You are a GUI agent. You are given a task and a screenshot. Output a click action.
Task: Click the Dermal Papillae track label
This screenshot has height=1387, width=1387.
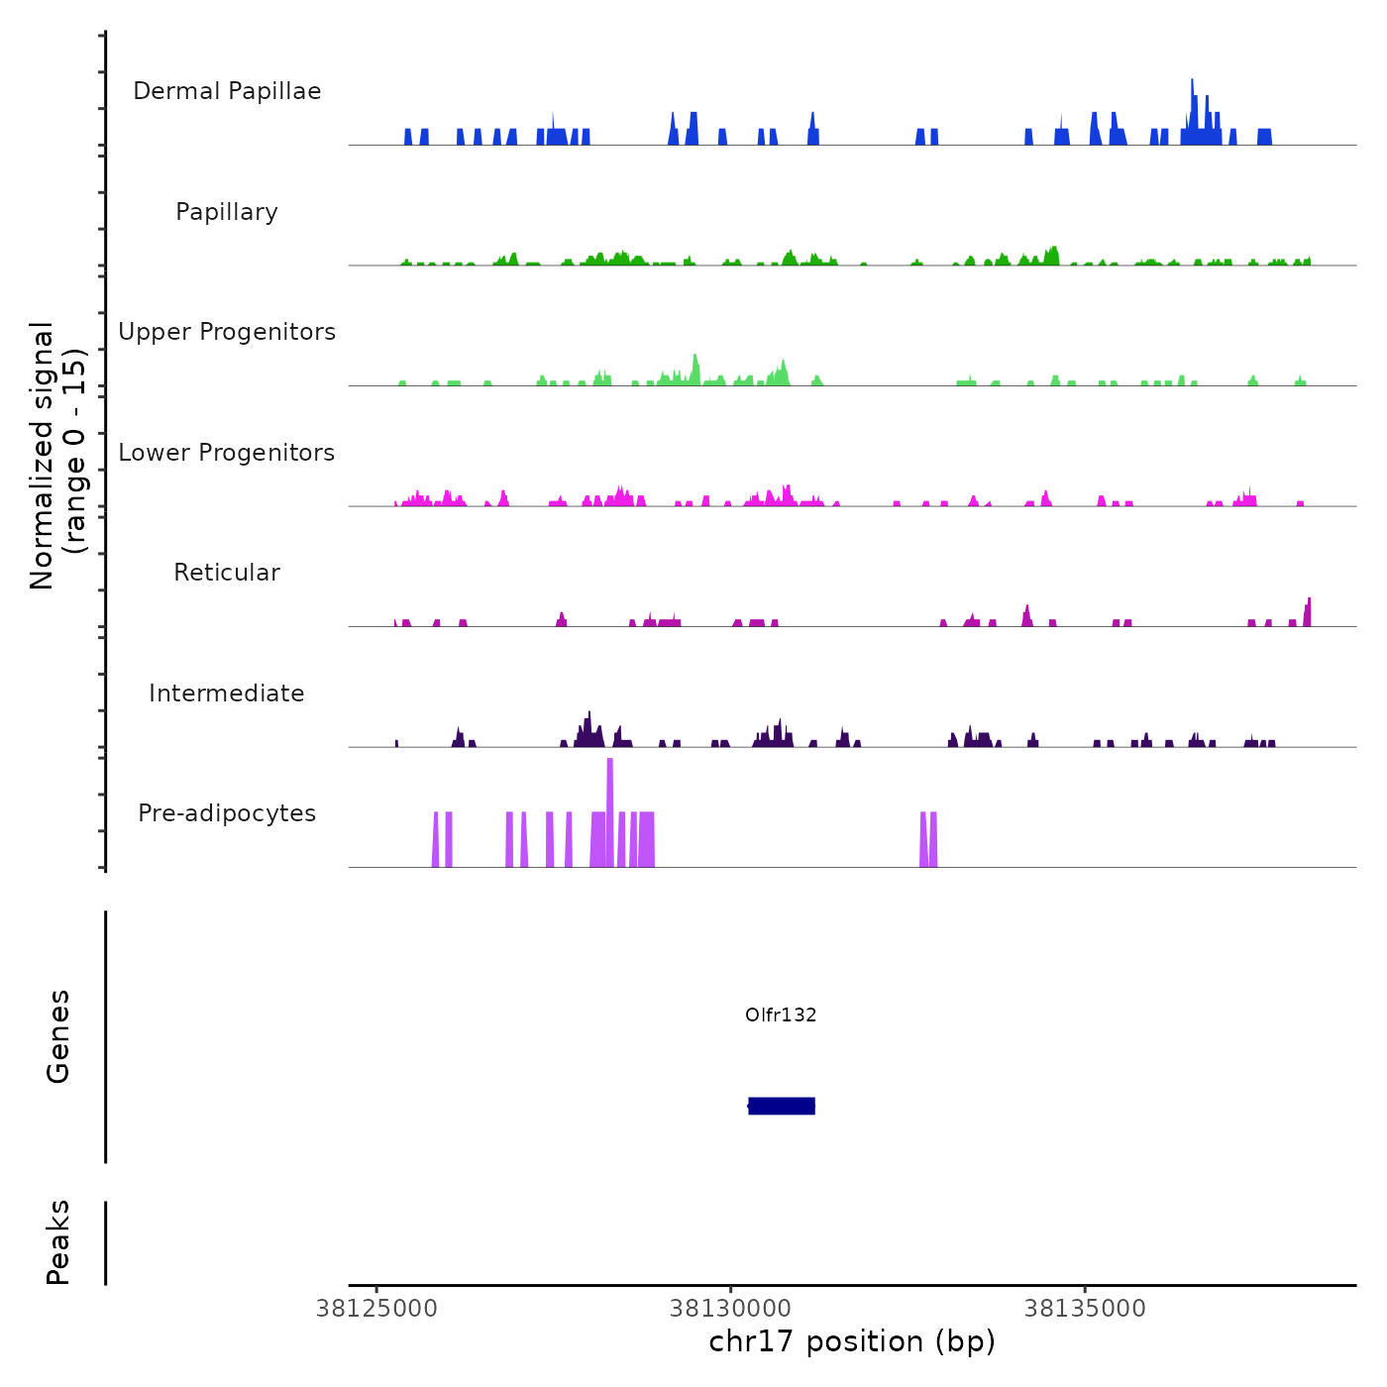point(227,91)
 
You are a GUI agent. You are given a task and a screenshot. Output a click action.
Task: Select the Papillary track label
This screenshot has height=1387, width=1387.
point(227,212)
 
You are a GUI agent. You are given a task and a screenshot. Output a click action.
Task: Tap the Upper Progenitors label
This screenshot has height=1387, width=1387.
point(227,332)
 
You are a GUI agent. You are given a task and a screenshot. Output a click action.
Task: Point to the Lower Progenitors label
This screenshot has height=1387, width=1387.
point(227,453)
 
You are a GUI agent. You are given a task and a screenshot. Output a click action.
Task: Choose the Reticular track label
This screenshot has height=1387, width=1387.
point(227,573)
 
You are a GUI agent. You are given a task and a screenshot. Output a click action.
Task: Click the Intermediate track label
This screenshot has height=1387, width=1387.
point(227,693)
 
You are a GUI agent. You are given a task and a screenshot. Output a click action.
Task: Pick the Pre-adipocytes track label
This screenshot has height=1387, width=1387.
point(227,813)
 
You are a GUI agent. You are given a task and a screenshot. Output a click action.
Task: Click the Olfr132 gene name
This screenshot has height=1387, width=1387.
point(781,1014)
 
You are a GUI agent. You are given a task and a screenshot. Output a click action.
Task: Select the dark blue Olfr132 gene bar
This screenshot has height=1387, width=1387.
point(782,1106)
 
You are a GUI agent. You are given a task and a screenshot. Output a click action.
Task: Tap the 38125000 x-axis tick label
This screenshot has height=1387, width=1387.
point(376,1309)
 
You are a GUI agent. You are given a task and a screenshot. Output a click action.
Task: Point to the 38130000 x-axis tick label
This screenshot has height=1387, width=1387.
point(731,1309)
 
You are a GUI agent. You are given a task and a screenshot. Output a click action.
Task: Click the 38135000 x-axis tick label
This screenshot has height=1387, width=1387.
point(1085,1309)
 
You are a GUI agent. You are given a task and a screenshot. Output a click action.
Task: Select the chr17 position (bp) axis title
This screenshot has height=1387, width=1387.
point(852,1341)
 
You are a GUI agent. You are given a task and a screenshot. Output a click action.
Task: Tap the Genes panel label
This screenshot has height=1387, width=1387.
point(58,1036)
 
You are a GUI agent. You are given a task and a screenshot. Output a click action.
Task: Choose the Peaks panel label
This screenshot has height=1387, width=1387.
point(58,1242)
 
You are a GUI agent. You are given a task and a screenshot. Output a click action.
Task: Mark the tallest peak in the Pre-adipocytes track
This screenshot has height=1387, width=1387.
point(610,793)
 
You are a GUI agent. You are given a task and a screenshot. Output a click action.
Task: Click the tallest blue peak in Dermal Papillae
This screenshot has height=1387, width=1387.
point(1192,99)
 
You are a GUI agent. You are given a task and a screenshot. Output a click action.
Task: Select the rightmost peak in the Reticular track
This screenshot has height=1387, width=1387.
point(1308,610)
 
